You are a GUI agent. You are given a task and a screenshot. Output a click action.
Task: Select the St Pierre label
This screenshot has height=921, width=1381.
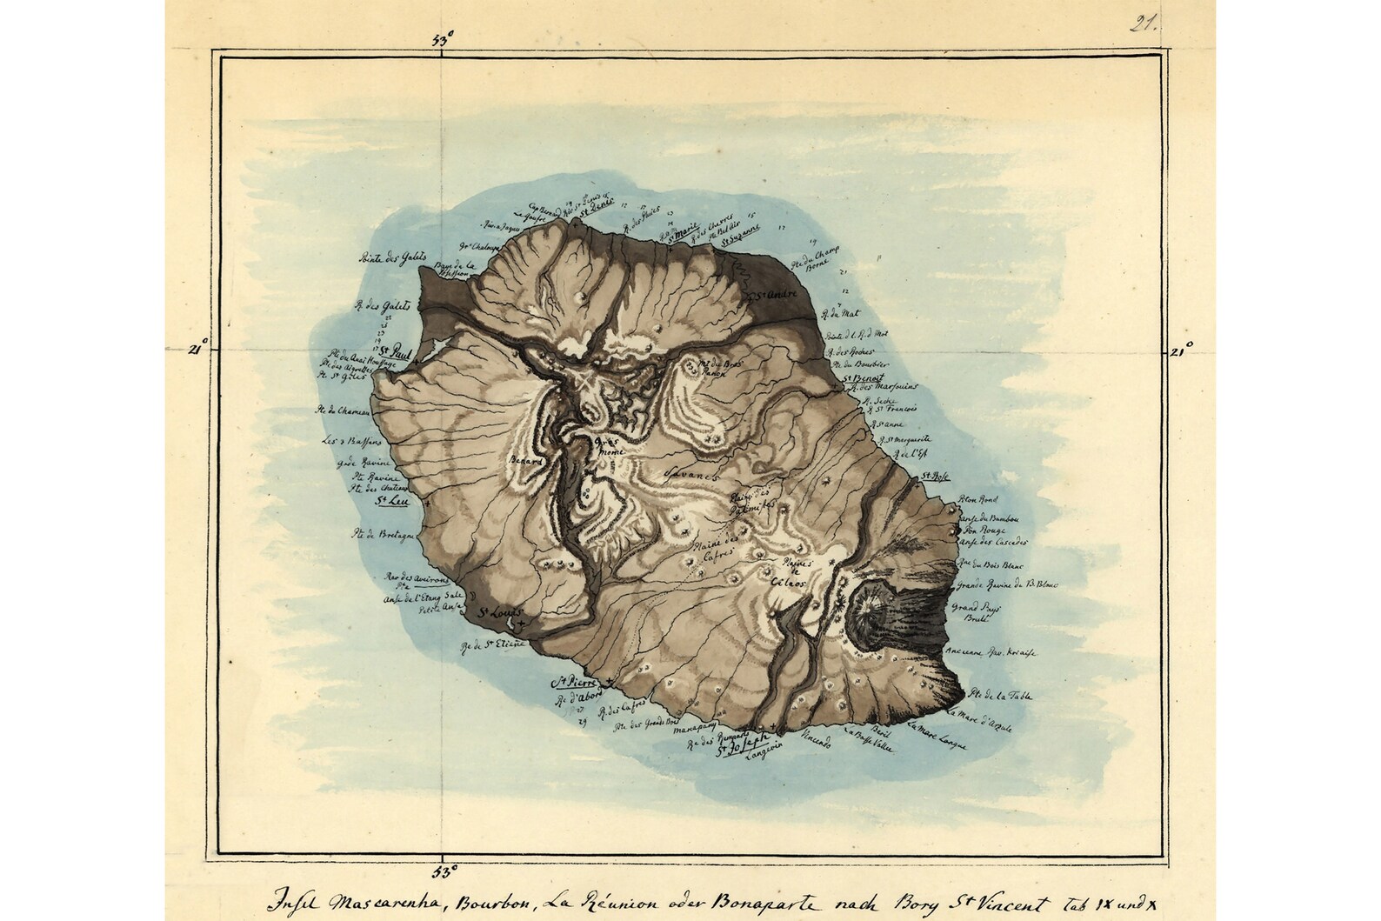(576, 682)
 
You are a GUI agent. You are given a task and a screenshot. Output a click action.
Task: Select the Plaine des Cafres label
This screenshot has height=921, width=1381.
(712, 552)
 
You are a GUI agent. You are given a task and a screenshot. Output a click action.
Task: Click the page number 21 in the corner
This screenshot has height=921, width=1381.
(1144, 23)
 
